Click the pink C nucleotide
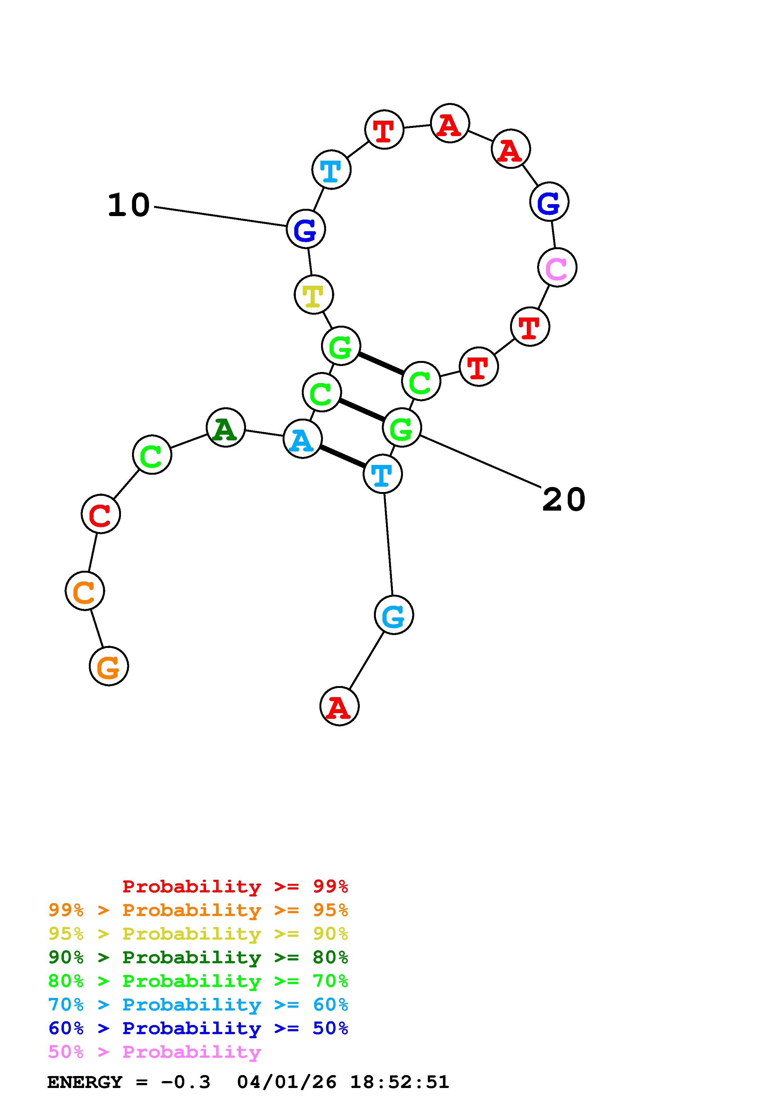pyautogui.click(x=557, y=267)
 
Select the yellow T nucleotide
pyautogui.click(x=313, y=295)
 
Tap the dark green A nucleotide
pyautogui.click(x=225, y=428)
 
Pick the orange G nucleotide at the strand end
pyautogui.click(x=109, y=666)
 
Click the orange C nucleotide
pyautogui.click(x=85, y=591)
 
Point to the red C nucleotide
pyautogui.click(x=100, y=514)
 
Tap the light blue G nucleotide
pyautogui.click(x=393, y=615)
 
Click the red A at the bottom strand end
pyautogui.click(x=339, y=707)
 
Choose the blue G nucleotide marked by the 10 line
pyautogui.click(x=306, y=229)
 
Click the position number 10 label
pyautogui.click(x=129, y=205)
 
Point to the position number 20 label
pyautogui.click(x=564, y=500)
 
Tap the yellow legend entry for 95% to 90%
pyautogui.click(x=198, y=934)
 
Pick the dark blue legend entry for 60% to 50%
pyautogui.click(x=198, y=1028)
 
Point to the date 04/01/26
pyautogui.click(x=287, y=1082)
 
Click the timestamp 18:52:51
pyautogui.click(x=399, y=1082)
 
